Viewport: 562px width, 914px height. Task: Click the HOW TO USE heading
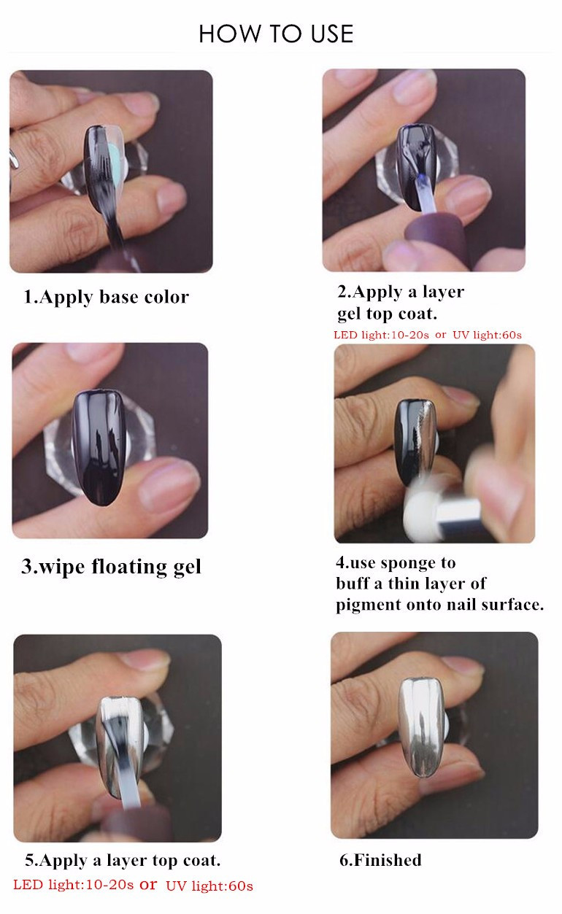[x=276, y=34]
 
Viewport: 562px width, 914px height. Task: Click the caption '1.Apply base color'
[x=106, y=297]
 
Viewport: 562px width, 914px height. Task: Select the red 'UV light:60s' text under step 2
[x=487, y=336]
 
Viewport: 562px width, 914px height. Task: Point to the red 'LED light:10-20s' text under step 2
[x=381, y=336]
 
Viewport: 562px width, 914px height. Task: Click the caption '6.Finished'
[x=380, y=860]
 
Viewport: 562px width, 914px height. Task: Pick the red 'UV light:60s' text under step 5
[x=209, y=886]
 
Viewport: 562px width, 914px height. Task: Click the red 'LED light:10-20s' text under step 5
[x=74, y=885]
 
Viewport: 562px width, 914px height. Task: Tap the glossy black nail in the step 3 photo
[x=99, y=448]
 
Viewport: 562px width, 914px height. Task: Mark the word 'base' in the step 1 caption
[x=118, y=297]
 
